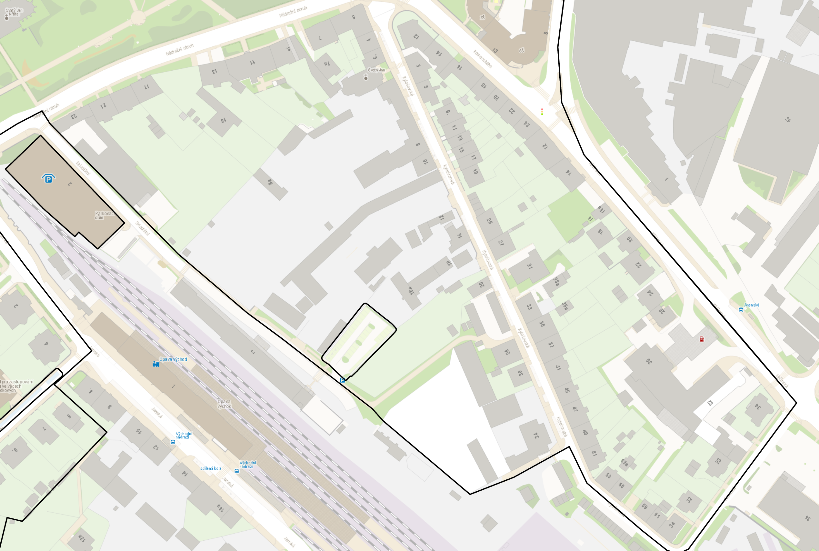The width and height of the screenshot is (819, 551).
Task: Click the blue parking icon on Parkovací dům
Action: [x=48, y=179]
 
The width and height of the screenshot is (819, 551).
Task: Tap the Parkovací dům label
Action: [x=105, y=215]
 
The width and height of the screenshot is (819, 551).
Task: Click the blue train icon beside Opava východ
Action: [x=156, y=364]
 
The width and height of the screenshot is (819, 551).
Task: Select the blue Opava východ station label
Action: [x=173, y=359]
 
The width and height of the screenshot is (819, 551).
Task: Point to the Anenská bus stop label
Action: [x=752, y=305]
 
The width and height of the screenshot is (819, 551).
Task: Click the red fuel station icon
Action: [x=702, y=339]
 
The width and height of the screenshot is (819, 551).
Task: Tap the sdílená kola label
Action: [x=211, y=468]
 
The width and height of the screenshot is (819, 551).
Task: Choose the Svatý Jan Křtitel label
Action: [x=14, y=12]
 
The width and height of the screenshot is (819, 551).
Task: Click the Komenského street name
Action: [x=483, y=59]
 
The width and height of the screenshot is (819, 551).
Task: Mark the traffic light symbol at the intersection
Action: [x=542, y=112]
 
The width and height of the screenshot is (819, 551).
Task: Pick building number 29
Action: [x=788, y=119]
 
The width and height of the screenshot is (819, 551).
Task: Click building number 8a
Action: [x=270, y=182]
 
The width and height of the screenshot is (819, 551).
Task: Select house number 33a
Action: [x=556, y=282]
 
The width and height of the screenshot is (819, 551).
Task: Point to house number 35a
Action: [x=564, y=306]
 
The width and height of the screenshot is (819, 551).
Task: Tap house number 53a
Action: [x=624, y=463]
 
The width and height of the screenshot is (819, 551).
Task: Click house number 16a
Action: [x=601, y=210]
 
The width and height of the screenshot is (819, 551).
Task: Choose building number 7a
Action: [x=327, y=64]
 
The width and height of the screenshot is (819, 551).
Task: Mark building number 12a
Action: [x=82, y=538]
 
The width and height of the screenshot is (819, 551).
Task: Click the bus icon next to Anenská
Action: [x=741, y=310]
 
